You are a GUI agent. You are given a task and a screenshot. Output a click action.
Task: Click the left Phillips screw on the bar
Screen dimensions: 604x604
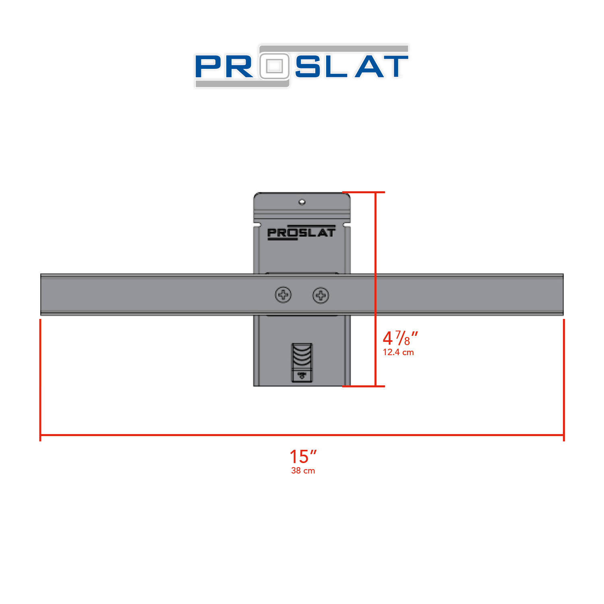click(x=283, y=295)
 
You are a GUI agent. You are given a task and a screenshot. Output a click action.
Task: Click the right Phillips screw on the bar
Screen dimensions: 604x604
click(x=321, y=296)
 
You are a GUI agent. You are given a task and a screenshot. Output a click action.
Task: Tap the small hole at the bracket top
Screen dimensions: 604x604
click(x=302, y=202)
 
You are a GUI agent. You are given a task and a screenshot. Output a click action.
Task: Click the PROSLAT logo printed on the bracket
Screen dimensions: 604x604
click(x=301, y=232)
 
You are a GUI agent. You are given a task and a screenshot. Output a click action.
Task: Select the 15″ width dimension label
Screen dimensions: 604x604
click(x=303, y=457)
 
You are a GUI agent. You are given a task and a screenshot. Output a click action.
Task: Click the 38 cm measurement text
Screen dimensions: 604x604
click(x=303, y=471)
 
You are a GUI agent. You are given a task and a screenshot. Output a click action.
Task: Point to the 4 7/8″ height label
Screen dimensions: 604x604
click(x=400, y=338)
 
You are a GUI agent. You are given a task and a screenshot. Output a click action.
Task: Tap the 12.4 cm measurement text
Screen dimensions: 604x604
click(x=398, y=352)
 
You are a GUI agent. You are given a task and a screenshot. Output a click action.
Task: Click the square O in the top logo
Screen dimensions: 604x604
click(x=274, y=66)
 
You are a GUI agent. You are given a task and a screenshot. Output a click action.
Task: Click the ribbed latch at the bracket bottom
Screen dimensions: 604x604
click(x=302, y=362)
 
